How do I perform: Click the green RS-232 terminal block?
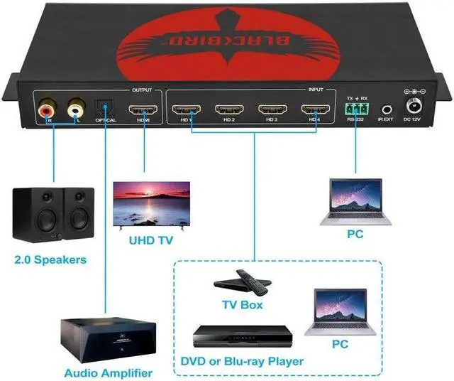click(355, 109)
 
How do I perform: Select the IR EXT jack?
click(387, 109)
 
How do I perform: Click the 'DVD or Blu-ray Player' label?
click(242, 361)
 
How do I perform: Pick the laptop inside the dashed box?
click(340, 311)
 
